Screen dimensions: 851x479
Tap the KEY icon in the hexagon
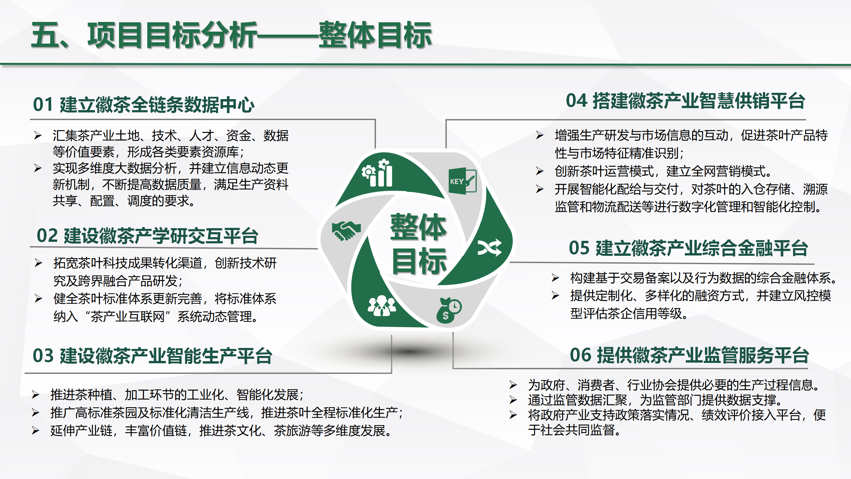(x=462, y=181)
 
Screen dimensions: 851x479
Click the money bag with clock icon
(x=449, y=310)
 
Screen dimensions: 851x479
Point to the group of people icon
(x=382, y=306)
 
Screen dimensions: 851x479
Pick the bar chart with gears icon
(x=378, y=173)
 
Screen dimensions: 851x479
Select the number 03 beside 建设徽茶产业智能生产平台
(x=43, y=356)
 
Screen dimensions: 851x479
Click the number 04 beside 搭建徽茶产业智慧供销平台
(x=577, y=101)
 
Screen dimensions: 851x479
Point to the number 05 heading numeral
(x=579, y=248)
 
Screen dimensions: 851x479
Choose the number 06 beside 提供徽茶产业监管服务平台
(x=581, y=355)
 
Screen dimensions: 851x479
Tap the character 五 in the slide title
(x=45, y=35)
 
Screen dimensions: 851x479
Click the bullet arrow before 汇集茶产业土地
(x=38, y=135)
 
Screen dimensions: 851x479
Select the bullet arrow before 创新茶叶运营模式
(x=540, y=171)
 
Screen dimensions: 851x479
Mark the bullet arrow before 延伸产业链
(x=36, y=430)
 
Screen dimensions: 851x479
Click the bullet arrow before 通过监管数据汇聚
(x=513, y=399)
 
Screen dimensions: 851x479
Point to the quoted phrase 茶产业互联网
(x=128, y=316)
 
